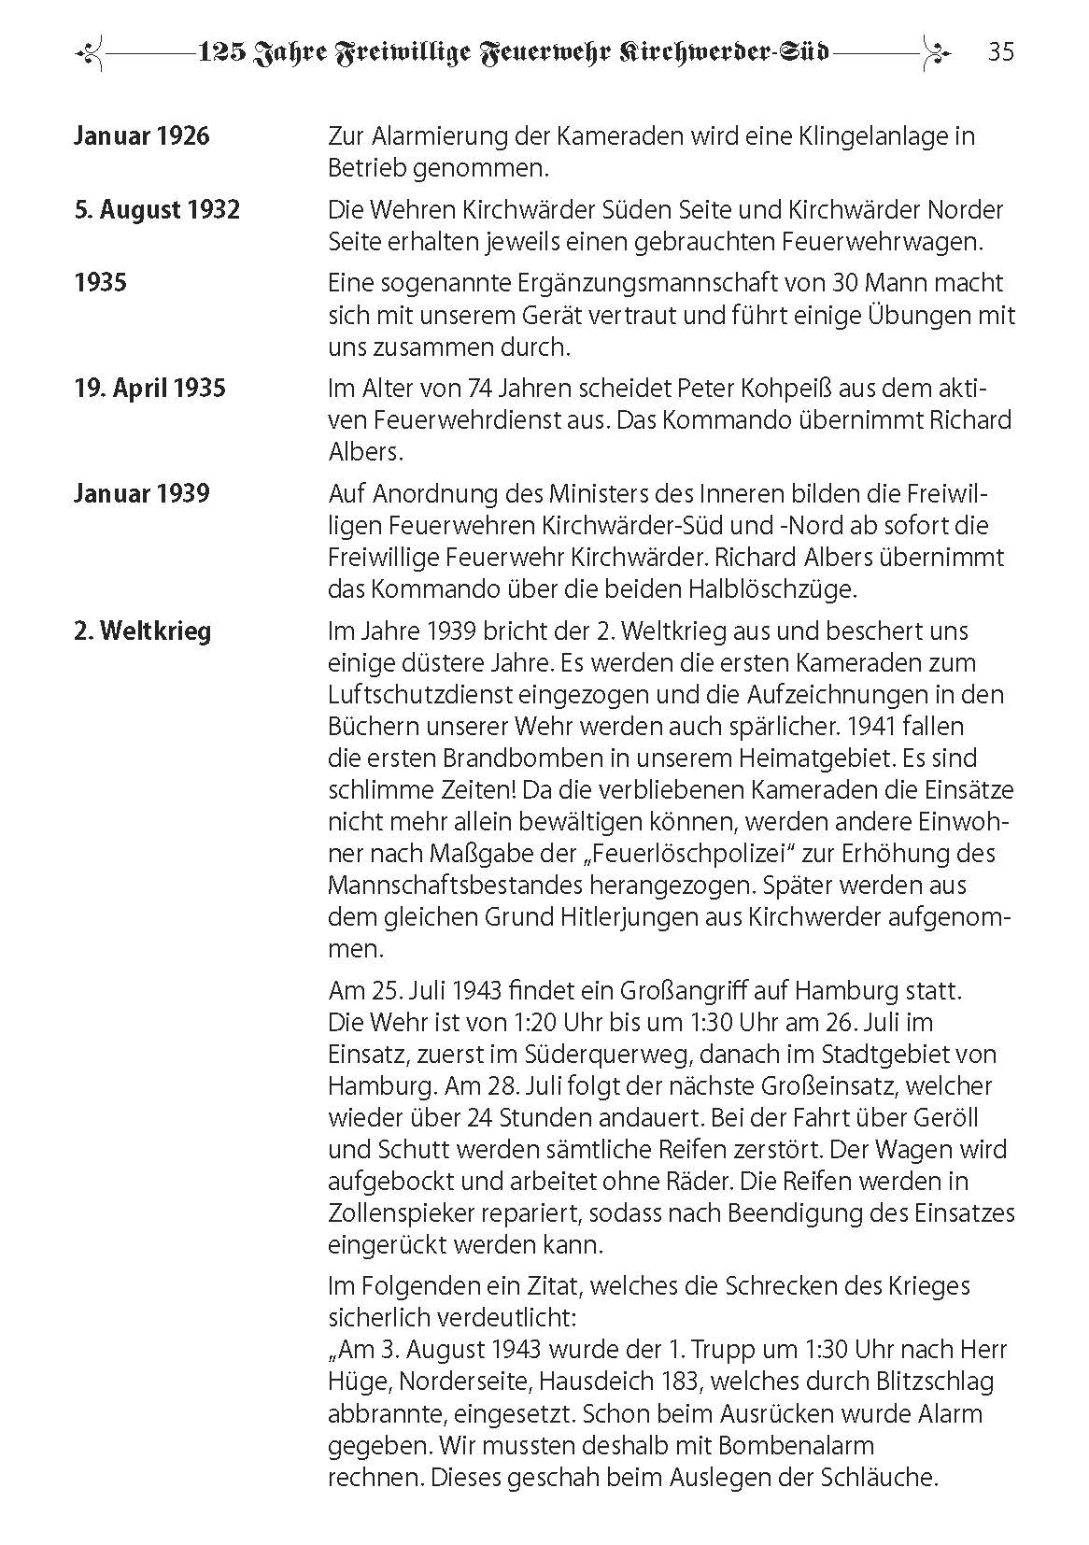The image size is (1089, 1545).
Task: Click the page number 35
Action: pyautogui.click(x=1000, y=52)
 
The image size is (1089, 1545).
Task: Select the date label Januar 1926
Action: pyautogui.click(x=142, y=136)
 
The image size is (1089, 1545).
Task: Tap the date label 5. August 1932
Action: pyautogui.click(x=157, y=209)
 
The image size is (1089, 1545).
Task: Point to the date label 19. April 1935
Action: pyautogui.click(x=149, y=388)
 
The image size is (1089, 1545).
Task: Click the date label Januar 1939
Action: pyautogui.click(x=142, y=493)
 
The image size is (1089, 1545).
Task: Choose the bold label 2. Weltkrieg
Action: pyautogui.click(x=143, y=631)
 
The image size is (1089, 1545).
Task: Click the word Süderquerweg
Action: pyautogui.click(x=588, y=1054)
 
